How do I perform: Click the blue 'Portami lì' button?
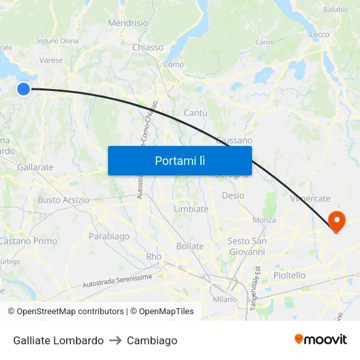click(179, 160)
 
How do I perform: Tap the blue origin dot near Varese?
click(24, 89)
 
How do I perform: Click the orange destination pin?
click(337, 221)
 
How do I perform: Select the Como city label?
click(173, 64)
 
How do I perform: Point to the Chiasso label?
click(147, 47)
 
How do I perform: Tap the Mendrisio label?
click(128, 23)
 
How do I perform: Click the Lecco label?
click(319, 35)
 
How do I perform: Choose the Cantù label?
click(196, 113)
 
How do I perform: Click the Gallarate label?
click(35, 168)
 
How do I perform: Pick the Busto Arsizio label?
click(63, 200)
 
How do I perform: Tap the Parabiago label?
click(109, 236)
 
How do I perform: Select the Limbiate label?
click(190, 209)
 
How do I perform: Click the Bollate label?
click(190, 247)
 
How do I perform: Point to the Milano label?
click(225, 299)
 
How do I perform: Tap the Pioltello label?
click(289, 276)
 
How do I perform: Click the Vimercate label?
click(310, 198)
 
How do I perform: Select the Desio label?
click(233, 196)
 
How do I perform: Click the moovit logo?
click(321, 339)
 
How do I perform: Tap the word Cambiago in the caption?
click(152, 340)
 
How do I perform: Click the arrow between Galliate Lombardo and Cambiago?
click(115, 340)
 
